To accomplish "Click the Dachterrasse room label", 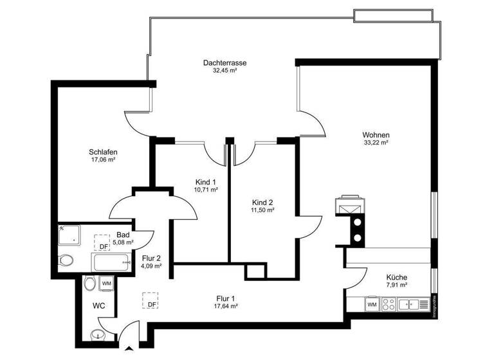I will (224, 62).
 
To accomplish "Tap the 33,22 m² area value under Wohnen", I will (376, 143).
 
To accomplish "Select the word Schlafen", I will (103, 152).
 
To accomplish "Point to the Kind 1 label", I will (206, 181).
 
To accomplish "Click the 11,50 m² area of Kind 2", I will (262, 210).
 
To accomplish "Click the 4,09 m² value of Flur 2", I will (151, 265).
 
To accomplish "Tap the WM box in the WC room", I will (106, 283).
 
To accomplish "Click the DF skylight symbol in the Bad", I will (102, 242).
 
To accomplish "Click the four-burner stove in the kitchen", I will (389, 303).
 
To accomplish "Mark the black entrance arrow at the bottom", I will (131, 350).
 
